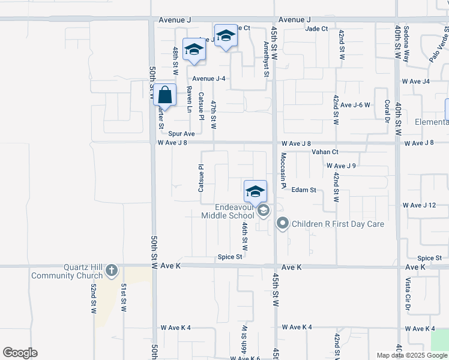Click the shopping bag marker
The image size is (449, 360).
point(165,95)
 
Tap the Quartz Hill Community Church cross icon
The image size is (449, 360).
point(110,272)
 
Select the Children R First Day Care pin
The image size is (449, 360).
point(283,224)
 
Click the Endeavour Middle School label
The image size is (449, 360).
point(228,211)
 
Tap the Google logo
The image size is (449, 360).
point(20,353)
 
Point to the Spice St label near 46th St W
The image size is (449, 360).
point(230,257)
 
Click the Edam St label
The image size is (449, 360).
point(304,190)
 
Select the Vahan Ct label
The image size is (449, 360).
point(325,152)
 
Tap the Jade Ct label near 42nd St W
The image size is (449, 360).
point(316,28)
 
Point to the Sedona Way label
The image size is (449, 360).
point(406,44)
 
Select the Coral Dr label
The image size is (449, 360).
point(387,112)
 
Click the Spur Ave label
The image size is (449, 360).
point(181,134)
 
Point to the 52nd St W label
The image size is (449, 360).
point(94,298)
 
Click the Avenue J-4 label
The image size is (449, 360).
point(209,79)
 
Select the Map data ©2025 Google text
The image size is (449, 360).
point(412,355)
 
